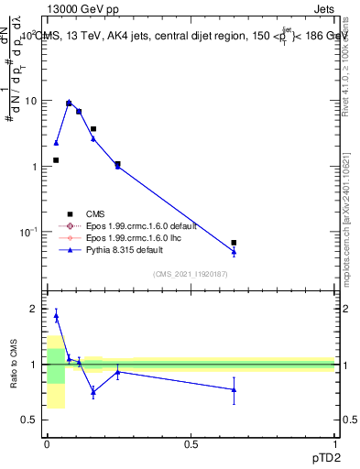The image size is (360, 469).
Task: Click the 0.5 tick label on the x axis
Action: (x=191, y=443)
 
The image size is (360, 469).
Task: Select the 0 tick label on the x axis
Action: (x=47, y=443)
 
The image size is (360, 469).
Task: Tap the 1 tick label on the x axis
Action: (x=334, y=443)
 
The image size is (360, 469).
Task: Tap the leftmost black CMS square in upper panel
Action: (x=56, y=160)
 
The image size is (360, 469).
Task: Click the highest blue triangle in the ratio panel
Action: (x=56, y=316)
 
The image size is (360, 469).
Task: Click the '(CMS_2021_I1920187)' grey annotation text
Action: (x=190, y=273)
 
